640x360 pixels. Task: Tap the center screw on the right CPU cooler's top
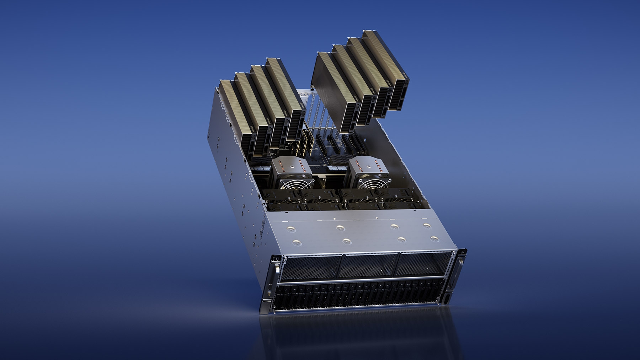[x=369, y=165]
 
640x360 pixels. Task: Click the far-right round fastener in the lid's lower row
[x=433, y=239]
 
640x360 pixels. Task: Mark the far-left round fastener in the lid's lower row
[x=297, y=243]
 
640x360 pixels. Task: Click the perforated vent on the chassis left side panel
[x=262, y=227]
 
